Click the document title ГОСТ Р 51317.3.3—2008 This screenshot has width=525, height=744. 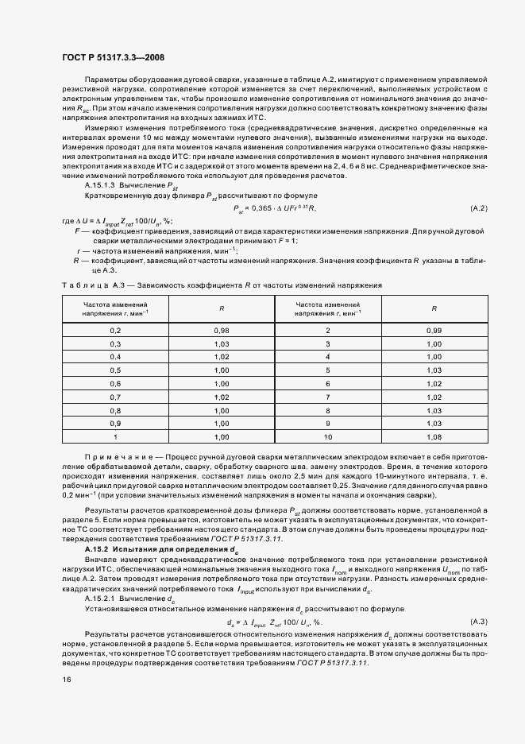tap(114, 56)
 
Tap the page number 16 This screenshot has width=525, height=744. tap(68, 680)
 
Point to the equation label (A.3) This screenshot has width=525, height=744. tap(478, 621)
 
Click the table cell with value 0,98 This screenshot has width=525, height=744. tap(222, 330)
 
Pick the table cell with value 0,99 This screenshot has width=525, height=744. tap(433, 330)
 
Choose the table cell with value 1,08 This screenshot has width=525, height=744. tap(433, 437)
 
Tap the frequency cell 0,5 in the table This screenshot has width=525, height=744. tap(115, 370)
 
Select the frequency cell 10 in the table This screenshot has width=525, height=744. tap(327, 437)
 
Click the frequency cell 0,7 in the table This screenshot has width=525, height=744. tap(115, 397)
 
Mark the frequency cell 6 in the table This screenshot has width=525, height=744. tap(327, 384)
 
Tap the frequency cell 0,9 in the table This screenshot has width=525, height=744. tap(115, 424)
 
